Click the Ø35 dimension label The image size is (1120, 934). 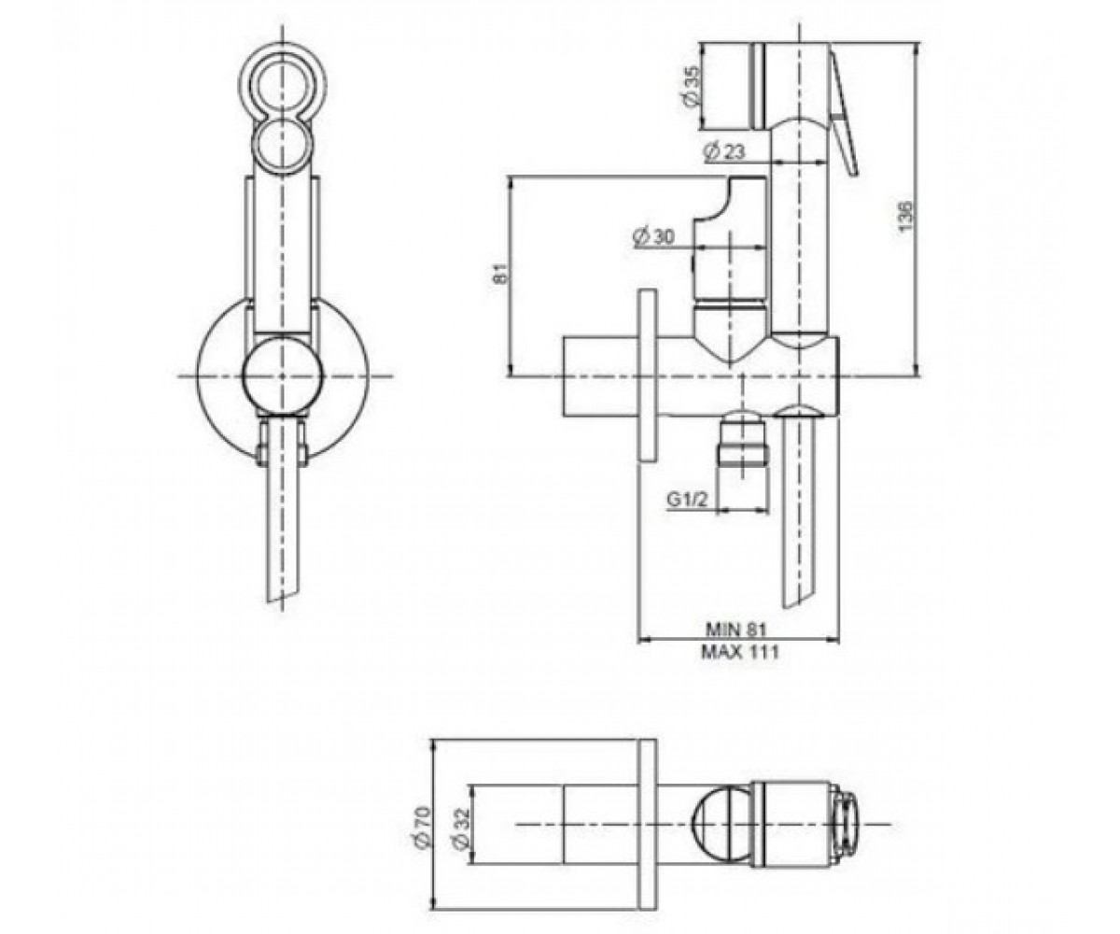pyautogui.click(x=693, y=86)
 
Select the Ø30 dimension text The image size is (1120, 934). pyautogui.click(x=652, y=236)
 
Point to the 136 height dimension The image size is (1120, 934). pyautogui.click(x=904, y=217)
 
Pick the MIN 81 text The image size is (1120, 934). pyautogui.click(x=736, y=629)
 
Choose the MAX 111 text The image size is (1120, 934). pyautogui.click(x=740, y=652)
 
